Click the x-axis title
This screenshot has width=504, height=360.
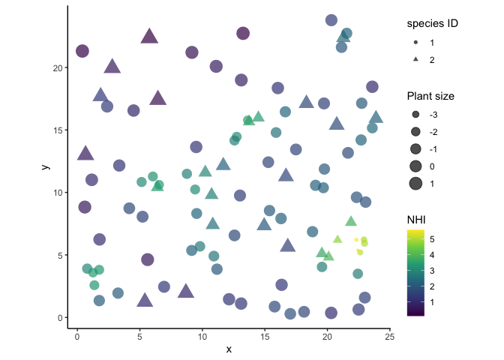click(x=229, y=349)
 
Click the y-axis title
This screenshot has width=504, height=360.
click(x=46, y=166)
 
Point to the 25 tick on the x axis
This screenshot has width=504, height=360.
click(x=389, y=328)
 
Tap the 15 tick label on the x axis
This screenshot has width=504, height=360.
click(x=264, y=337)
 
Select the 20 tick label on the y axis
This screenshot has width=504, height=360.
click(x=57, y=67)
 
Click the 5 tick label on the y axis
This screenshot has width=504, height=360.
click(x=60, y=255)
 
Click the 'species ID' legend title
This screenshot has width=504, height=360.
click(x=432, y=23)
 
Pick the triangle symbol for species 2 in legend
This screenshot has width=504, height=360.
click(x=415, y=59)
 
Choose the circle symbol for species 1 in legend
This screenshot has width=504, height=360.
click(x=415, y=43)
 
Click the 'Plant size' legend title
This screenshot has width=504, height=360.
click(x=430, y=96)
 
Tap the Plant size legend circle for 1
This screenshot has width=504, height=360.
click(x=415, y=183)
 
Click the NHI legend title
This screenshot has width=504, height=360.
click(x=417, y=218)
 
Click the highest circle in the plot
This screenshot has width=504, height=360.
click(x=331, y=20)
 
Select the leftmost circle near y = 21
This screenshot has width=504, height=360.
click(x=82, y=51)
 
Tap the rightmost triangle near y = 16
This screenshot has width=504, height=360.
click(x=376, y=117)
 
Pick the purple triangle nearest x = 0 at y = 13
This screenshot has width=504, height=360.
click(x=85, y=154)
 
